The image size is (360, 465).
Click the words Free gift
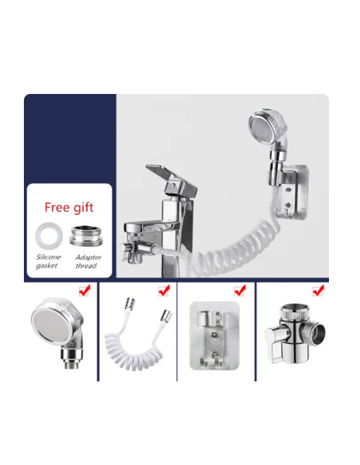click(68, 207)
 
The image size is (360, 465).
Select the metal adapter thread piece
click(86, 236)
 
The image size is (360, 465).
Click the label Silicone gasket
click(49, 261)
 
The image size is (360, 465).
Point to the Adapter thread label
click(88, 261)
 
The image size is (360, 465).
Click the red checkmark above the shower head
click(84, 291)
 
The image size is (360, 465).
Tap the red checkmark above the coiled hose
click(164, 291)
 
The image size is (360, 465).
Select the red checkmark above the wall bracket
click(240, 291)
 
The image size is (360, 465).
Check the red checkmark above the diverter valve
click(319, 291)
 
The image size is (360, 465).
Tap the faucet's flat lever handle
click(170, 178)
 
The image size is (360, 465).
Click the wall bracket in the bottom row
click(214, 336)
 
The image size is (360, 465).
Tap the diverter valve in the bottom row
click(295, 334)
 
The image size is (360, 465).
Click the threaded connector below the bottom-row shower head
click(72, 358)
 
